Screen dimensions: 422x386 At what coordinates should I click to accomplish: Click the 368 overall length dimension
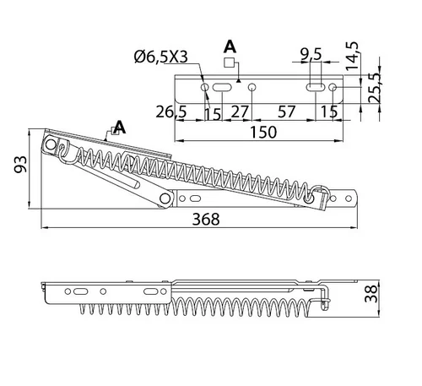(206, 219)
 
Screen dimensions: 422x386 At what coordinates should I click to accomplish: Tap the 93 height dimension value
(21, 164)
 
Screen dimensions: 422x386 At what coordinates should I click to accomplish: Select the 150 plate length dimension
(263, 132)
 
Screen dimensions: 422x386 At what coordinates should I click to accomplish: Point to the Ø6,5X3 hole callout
(161, 57)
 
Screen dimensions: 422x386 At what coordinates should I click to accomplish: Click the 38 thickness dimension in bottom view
(371, 293)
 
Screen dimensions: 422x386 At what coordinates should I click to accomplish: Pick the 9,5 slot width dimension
(311, 54)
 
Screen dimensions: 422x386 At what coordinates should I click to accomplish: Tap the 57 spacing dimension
(287, 111)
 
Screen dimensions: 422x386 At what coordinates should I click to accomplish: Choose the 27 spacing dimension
(240, 111)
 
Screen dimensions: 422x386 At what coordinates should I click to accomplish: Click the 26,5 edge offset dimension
(171, 111)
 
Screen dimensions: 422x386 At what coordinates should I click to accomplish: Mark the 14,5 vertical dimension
(352, 56)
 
